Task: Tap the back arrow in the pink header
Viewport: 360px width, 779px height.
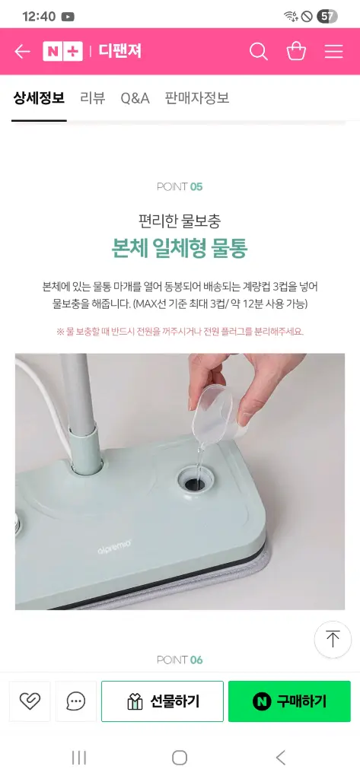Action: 22,51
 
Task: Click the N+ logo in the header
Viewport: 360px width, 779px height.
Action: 62,51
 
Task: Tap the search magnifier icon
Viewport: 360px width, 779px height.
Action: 259,51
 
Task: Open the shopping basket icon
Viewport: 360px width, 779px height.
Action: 296,51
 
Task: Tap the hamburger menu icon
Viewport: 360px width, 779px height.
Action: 333,51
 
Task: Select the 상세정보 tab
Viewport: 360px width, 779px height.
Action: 39,98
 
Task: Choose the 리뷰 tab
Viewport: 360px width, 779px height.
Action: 93,98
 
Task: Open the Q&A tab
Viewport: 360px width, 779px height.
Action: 135,98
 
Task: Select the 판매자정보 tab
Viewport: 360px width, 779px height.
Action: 197,98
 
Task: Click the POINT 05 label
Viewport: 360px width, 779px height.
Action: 180,187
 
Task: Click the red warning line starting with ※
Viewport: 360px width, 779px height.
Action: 180,332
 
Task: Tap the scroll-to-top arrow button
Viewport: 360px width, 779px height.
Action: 333,640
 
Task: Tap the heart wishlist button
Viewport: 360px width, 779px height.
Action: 30,701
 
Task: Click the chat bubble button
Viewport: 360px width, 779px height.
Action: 76,701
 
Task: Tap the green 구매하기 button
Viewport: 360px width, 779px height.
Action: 289,701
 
